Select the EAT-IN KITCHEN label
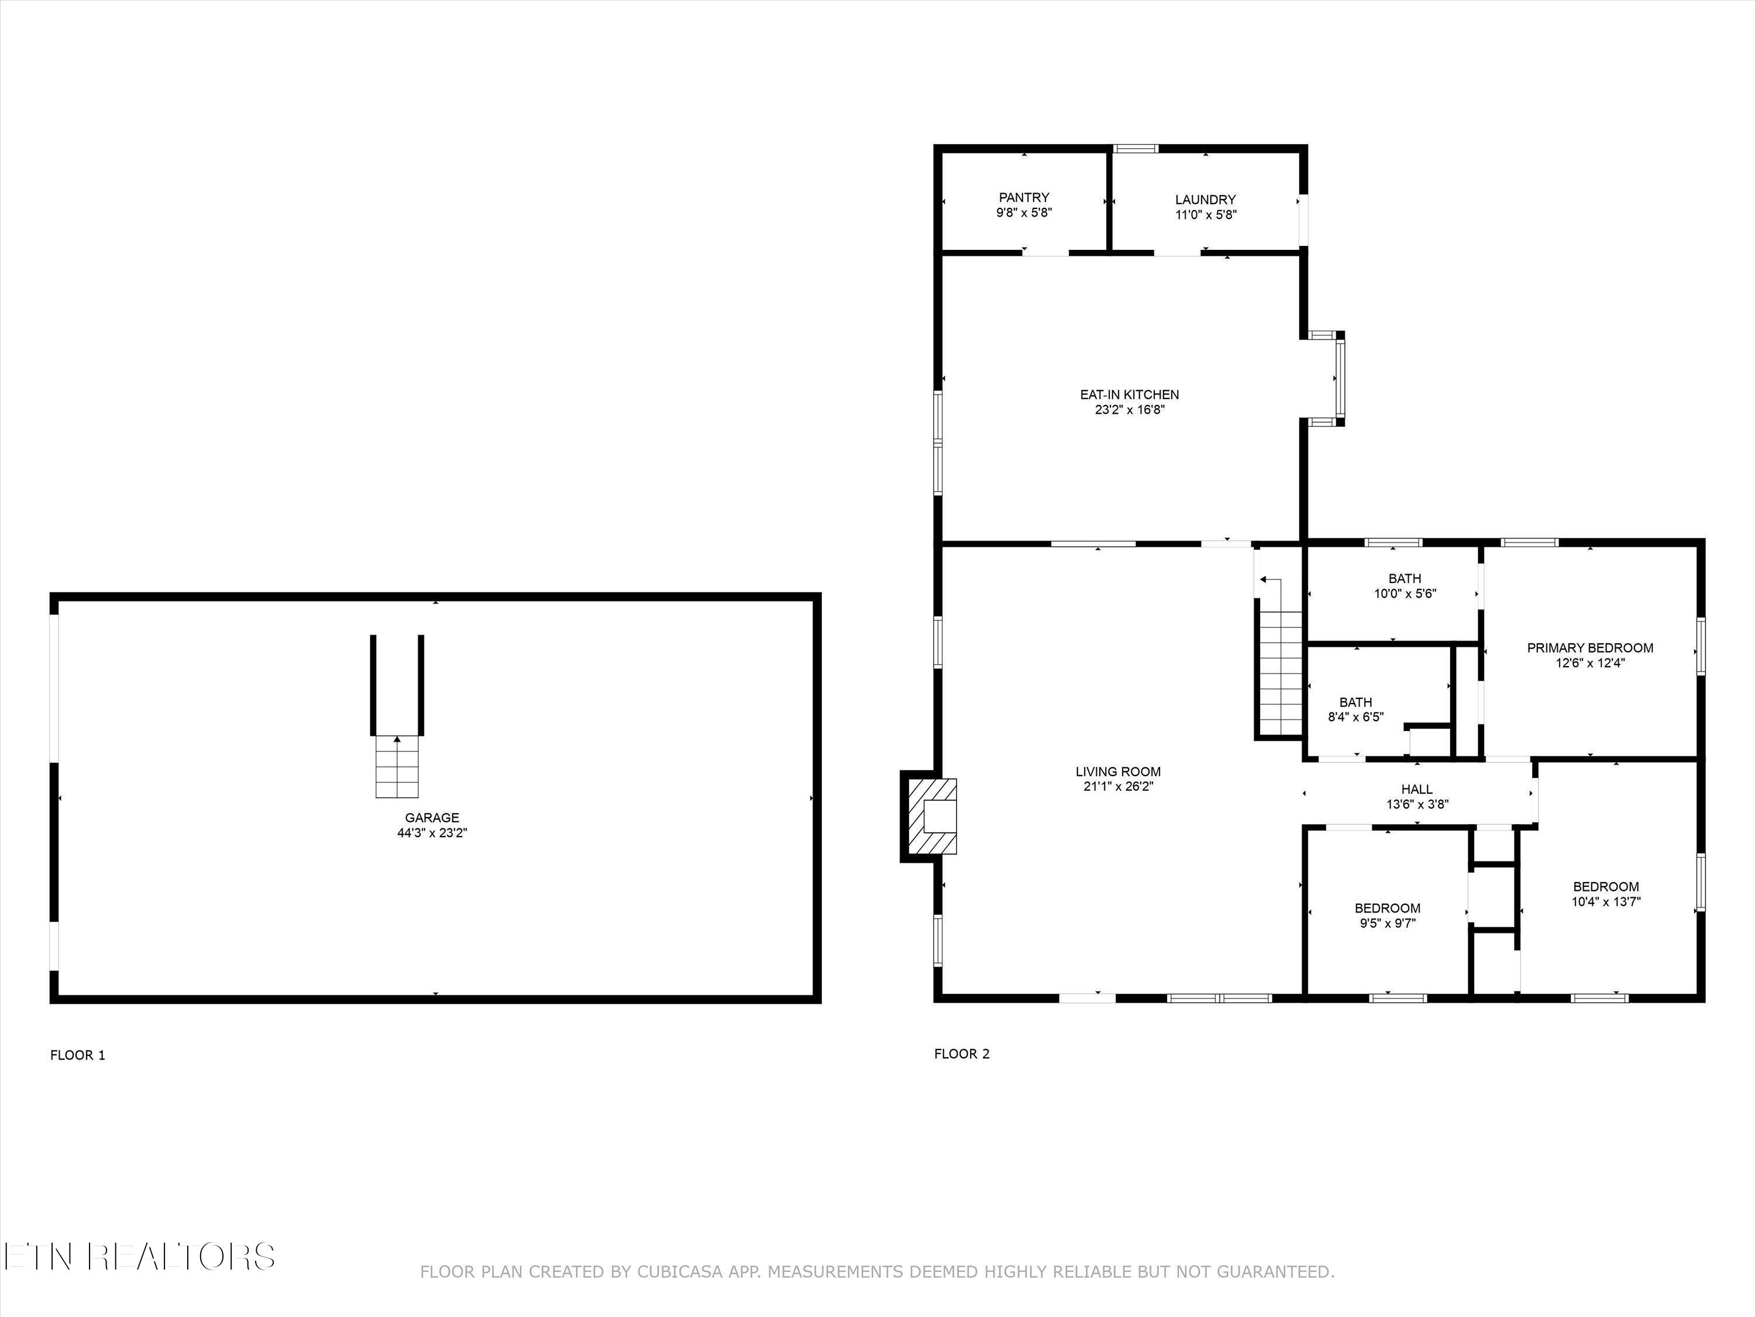1129,395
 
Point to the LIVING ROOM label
1118,771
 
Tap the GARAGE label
432,818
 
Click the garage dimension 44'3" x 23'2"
432,834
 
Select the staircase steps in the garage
397,767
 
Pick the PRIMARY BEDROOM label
1590,648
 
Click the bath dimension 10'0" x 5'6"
1405,594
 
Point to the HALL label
1417,789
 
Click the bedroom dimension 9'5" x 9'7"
1387,923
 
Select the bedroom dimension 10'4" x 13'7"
1606,902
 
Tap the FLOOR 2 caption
962,1054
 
